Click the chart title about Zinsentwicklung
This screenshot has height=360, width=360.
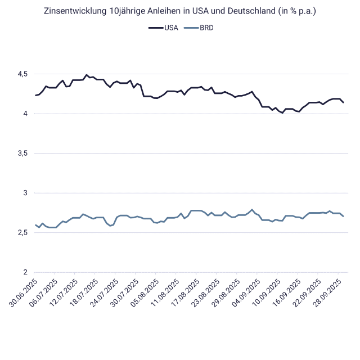coord(180,11)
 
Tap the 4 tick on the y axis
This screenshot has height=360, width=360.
coord(26,114)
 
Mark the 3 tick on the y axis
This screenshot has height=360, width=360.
coord(26,193)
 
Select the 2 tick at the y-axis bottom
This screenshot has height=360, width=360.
coord(26,273)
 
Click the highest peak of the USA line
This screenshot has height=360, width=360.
coord(86,75)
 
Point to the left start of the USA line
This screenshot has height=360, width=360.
coord(35,96)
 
